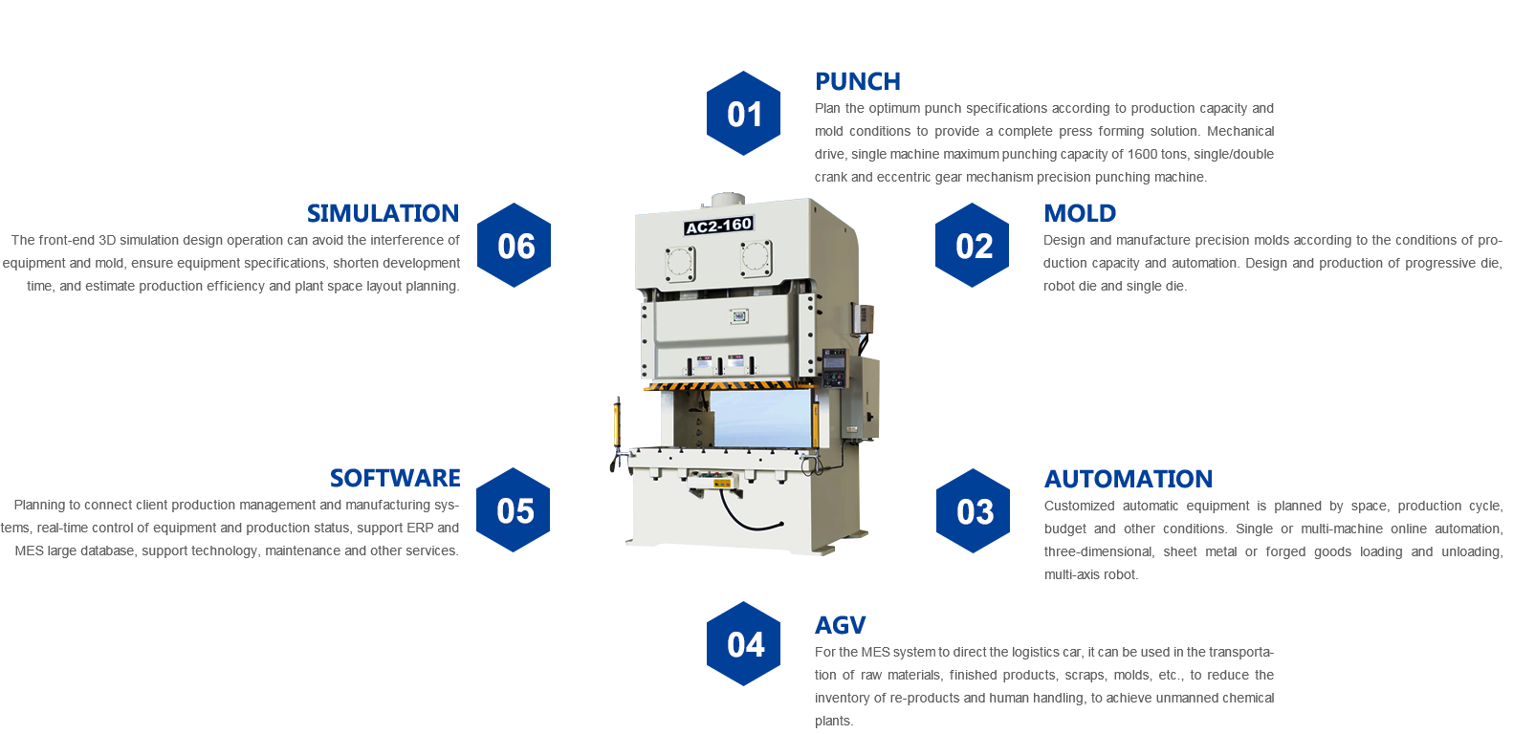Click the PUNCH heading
857,81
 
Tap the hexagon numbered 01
743,114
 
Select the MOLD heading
1080,213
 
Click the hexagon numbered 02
972,245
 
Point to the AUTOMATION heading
1128,479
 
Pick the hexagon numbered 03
973,511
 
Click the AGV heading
840,625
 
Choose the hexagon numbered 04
743,643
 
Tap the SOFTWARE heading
395,478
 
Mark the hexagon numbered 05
513,509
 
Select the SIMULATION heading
383,213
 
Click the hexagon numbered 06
514,245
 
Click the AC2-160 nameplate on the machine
718,226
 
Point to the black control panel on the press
834,367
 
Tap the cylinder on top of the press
728,200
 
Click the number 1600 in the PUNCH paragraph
1142,154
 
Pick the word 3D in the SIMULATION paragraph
107,241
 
